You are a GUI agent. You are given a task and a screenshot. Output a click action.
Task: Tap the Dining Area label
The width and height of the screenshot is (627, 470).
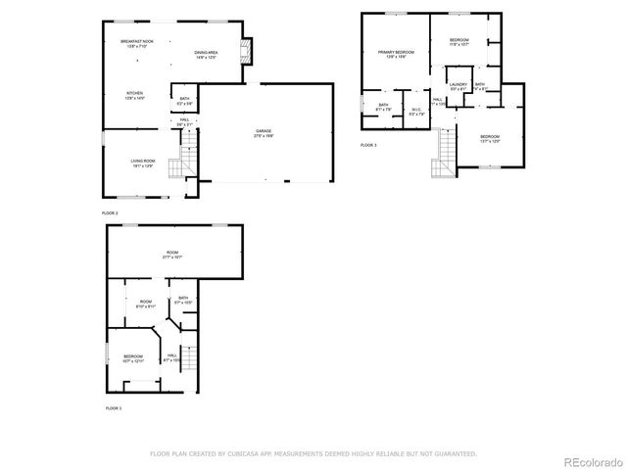(206, 54)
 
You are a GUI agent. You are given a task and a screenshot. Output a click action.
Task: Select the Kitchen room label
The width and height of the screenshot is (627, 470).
(134, 96)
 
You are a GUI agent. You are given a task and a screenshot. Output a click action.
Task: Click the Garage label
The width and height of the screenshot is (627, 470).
(264, 132)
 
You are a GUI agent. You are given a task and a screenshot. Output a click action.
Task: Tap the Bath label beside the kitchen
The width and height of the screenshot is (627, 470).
(184, 100)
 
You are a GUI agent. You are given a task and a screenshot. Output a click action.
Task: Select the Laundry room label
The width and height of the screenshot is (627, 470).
(458, 86)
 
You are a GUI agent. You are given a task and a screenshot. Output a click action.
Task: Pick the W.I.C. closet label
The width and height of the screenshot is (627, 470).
(416, 111)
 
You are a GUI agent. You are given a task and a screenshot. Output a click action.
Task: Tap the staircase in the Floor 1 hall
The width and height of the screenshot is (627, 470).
(191, 359)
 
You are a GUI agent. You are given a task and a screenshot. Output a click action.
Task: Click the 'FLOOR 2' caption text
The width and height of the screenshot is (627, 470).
(110, 212)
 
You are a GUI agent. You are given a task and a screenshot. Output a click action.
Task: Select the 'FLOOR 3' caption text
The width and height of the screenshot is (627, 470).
(367, 145)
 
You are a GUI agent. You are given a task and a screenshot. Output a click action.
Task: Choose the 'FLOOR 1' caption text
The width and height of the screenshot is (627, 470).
(114, 407)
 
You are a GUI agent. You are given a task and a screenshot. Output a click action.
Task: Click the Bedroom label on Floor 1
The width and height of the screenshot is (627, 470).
(132, 358)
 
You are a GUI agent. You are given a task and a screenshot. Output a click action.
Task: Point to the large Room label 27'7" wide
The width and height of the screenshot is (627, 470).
(172, 256)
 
